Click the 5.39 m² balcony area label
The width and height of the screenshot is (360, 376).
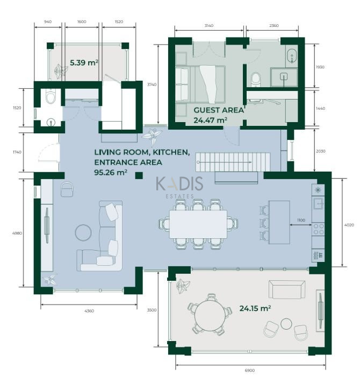tap(84, 63)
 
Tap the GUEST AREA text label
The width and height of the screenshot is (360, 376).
tap(219, 110)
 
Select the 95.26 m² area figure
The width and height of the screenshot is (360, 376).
tap(111, 173)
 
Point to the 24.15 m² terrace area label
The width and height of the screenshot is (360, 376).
tap(255, 308)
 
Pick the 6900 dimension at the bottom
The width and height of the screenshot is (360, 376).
tap(250, 371)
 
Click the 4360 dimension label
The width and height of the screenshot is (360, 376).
tap(89, 311)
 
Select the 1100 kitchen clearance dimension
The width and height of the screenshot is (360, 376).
tap(301, 220)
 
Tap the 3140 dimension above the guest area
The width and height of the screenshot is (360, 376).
tap(209, 25)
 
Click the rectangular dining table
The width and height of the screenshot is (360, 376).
tap(198, 224)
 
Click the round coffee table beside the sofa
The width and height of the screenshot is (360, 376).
tap(83, 232)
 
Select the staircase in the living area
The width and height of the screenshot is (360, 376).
tap(233, 162)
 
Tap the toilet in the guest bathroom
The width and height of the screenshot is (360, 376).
tap(256, 79)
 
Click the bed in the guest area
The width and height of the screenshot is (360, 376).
tap(201, 84)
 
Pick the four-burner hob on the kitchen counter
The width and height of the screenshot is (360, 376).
tap(318, 229)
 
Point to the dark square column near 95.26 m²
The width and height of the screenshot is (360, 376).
tap(139, 176)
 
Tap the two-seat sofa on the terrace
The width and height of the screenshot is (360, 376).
tap(287, 289)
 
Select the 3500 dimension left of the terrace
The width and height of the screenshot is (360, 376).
tap(152, 310)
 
